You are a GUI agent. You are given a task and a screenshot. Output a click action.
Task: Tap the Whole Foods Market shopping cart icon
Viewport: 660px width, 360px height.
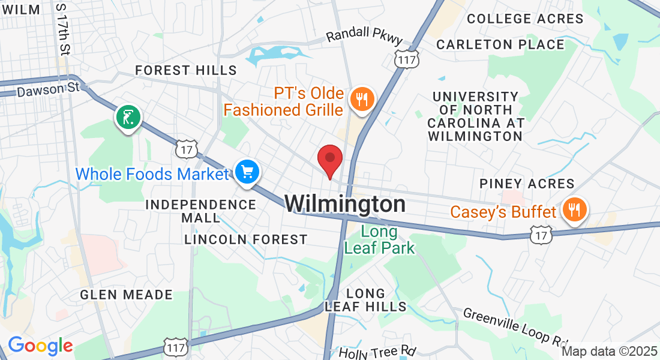coord(247,172)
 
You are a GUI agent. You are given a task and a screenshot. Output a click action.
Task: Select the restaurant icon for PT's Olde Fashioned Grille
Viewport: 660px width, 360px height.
coord(362,99)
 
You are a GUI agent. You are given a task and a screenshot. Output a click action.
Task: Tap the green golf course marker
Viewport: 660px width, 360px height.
coord(128,117)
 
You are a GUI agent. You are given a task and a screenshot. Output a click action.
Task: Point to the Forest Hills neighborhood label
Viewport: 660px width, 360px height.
coord(186,70)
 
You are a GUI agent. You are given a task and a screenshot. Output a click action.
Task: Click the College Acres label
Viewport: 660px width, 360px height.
coord(525,19)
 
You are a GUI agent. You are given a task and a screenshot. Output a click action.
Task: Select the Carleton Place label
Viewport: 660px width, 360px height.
coord(500,44)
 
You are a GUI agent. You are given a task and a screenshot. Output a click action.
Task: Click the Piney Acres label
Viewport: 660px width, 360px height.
coord(527,184)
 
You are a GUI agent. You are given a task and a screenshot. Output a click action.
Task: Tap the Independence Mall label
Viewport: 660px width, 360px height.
coord(201,210)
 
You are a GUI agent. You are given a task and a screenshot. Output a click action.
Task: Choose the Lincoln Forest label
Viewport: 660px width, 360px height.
coord(246,239)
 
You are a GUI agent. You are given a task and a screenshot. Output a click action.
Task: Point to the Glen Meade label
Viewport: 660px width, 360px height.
coord(126,295)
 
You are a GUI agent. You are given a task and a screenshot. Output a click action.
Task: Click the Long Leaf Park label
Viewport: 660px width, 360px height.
coord(380,239)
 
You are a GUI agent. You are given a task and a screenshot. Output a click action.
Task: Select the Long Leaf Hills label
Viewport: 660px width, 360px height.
coord(366,299)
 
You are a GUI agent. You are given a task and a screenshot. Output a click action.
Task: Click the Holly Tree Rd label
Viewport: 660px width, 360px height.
coord(377,351)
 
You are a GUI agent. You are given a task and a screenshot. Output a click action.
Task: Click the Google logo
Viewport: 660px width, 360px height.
coord(40,346)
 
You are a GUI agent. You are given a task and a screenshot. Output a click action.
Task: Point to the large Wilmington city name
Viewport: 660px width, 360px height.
coord(345,204)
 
